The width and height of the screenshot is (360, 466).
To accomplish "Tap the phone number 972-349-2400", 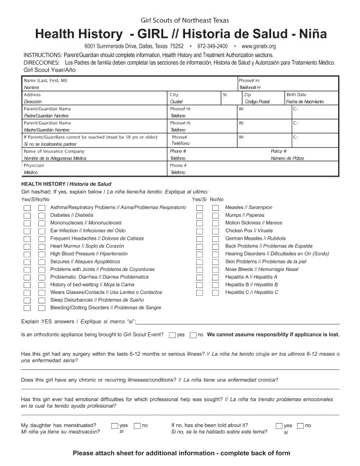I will click(x=213, y=46).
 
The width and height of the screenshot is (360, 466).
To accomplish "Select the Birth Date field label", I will click(x=296, y=94).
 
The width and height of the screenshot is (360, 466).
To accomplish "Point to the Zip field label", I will click(x=247, y=94).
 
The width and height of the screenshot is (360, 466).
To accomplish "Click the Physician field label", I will click(x=34, y=166).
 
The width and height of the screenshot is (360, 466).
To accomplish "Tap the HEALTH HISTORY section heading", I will click(x=43, y=184).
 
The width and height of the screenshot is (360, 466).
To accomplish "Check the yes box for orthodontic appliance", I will click(x=172, y=335).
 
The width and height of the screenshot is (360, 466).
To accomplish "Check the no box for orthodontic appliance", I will click(x=193, y=335).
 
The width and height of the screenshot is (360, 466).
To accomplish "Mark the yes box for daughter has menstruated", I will click(x=114, y=425).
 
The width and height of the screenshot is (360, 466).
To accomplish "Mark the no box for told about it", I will click(x=300, y=425).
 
